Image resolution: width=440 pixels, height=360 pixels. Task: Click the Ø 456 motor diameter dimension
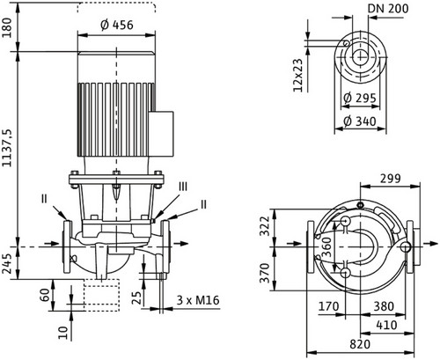(117, 26)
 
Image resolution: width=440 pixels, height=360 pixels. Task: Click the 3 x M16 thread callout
(198, 300)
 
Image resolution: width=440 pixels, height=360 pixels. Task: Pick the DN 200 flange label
(388, 9)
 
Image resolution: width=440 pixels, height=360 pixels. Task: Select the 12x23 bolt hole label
(297, 76)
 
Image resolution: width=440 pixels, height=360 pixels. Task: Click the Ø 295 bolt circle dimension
(360, 98)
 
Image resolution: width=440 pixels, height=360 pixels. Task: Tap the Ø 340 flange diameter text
(360, 121)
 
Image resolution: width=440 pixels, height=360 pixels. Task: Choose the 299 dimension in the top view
(390, 179)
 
